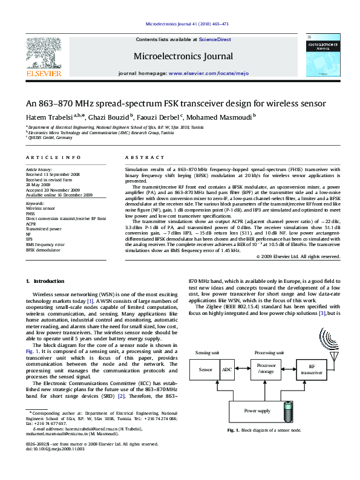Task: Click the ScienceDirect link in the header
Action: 216,39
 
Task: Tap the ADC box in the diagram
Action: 226,369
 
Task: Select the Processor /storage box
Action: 266,369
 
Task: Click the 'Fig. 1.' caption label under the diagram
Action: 233,430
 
